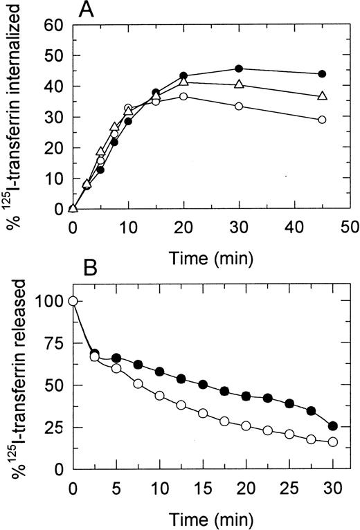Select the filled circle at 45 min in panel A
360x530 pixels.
(322, 74)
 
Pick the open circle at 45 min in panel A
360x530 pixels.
(322, 120)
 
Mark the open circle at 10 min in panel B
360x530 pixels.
(160, 396)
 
